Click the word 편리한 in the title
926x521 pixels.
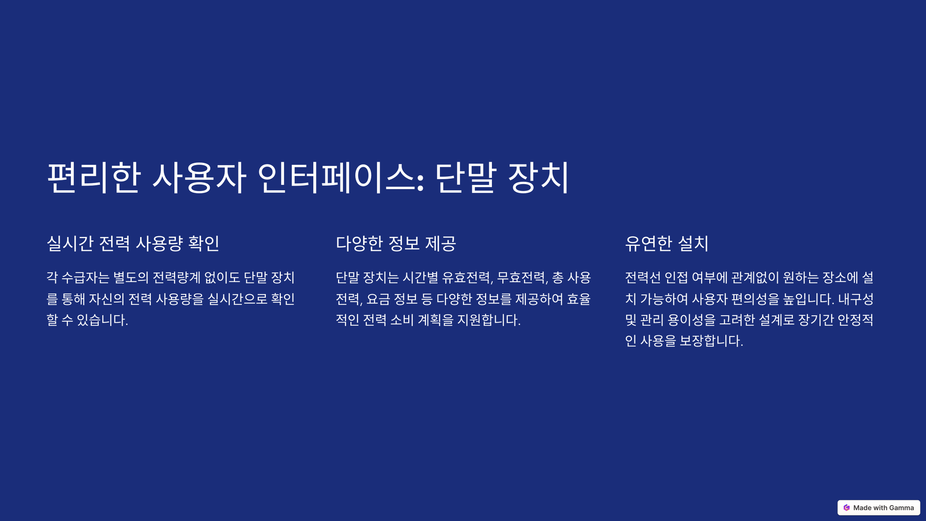(93, 177)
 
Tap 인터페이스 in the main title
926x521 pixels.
(341, 177)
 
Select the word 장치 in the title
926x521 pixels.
(538, 177)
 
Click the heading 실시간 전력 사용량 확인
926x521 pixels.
(133, 243)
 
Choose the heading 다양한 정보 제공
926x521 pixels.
(396, 243)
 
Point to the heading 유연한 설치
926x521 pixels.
(666, 243)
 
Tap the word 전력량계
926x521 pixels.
(176, 277)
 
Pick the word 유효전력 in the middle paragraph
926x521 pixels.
(468, 277)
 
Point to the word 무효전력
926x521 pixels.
(523, 277)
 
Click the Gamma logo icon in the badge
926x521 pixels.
(846, 507)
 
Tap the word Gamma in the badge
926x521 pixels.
(902, 508)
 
